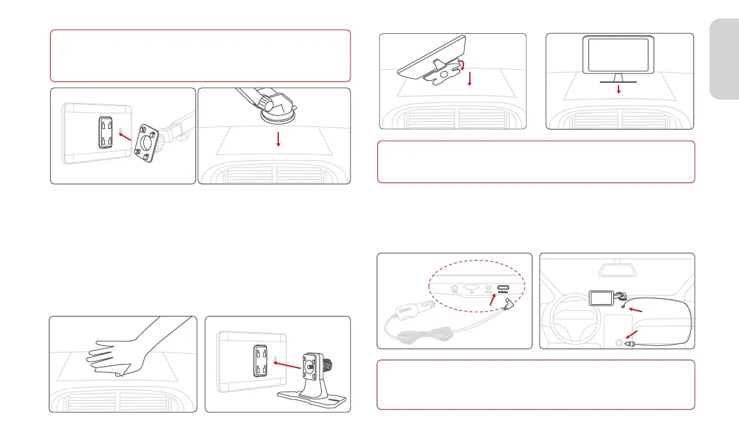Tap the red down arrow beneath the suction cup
(278, 139)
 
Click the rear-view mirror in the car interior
(616, 268)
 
